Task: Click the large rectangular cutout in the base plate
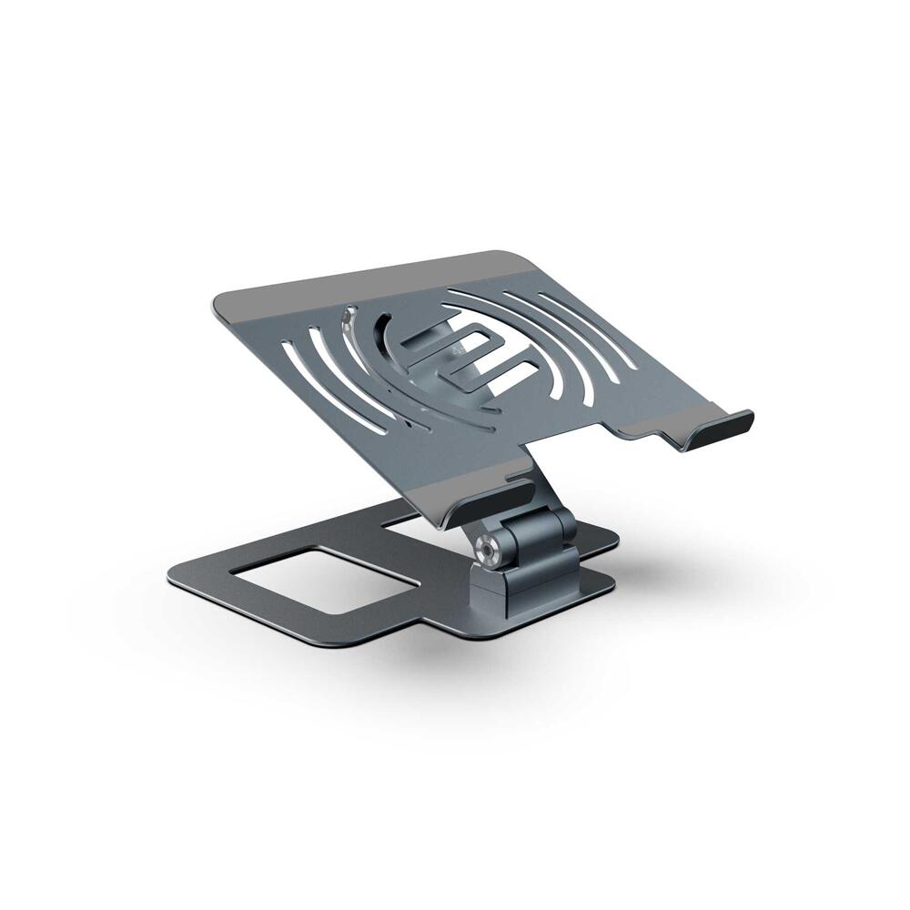[x=323, y=575]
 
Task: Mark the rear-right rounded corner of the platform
[x=519, y=258]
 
